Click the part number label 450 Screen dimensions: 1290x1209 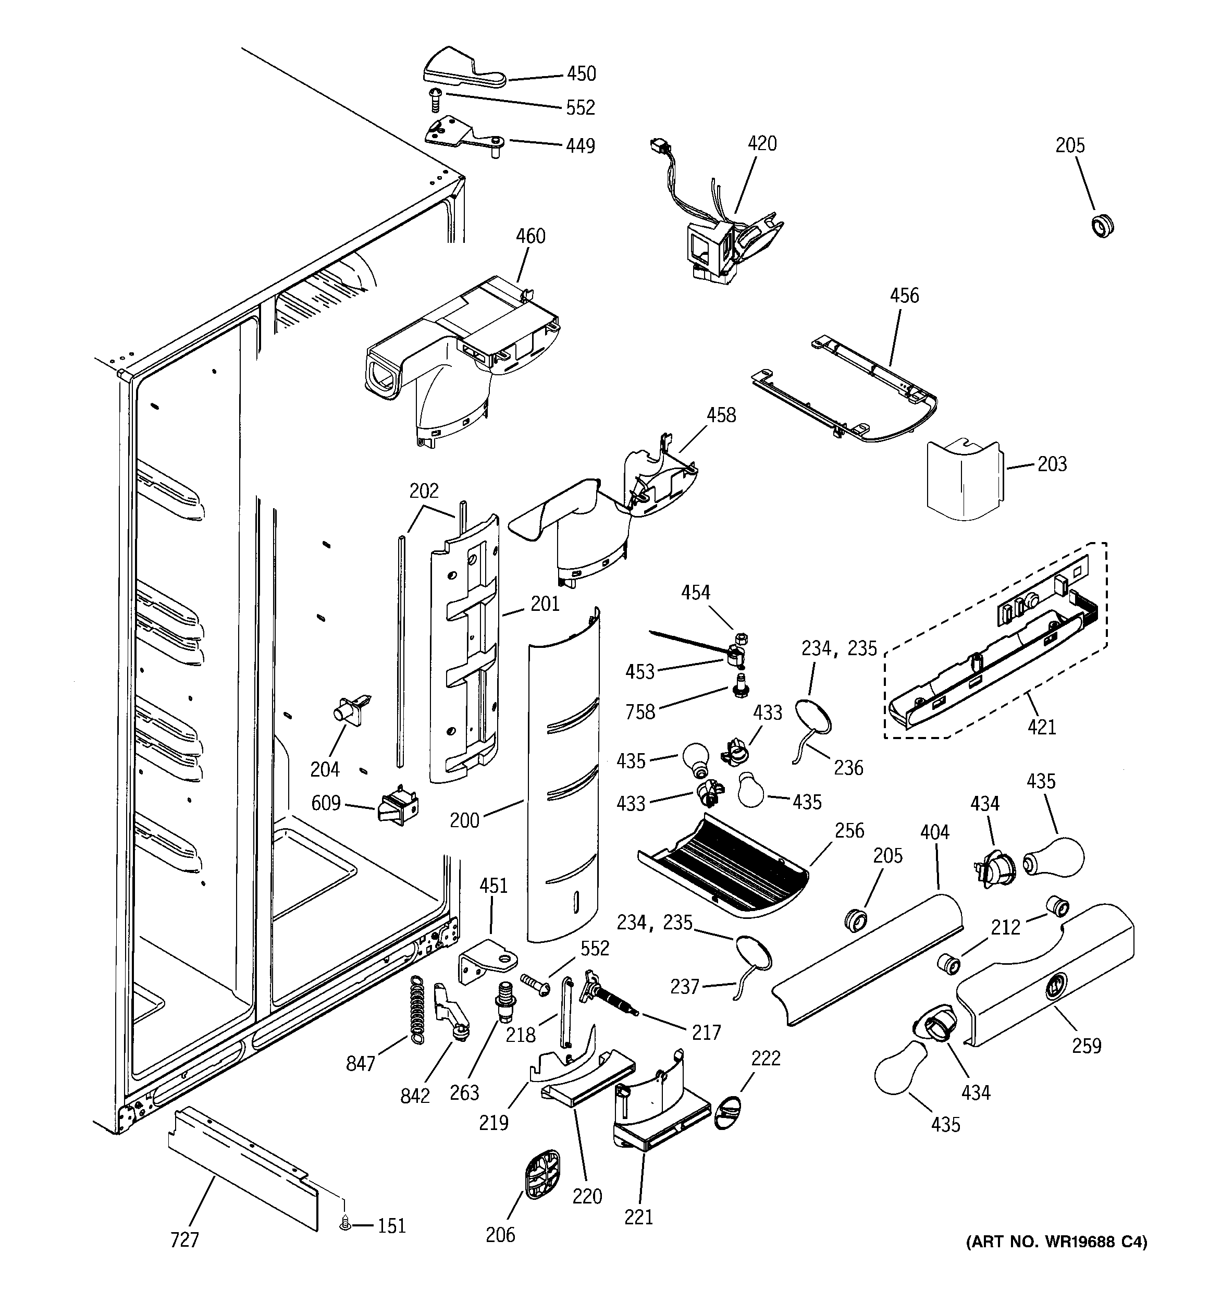[x=581, y=74]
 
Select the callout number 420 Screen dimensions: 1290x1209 [x=762, y=143]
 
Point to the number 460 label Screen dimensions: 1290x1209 [x=530, y=236]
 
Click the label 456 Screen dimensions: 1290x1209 [x=904, y=296]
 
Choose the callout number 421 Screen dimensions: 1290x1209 [x=1042, y=727]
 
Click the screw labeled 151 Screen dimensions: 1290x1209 [x=344, y=1224]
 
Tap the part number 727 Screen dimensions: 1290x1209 [x=184, y=1240]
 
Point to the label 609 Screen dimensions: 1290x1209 [x=326, y=803]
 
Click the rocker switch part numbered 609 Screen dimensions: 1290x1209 [x=398, y=805]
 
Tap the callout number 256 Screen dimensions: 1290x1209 [x=849, y=831]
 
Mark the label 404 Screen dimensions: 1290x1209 [x=934, y=832]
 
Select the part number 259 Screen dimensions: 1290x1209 [x=1087, y=1046]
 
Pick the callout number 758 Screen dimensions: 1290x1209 [x=640, y=712]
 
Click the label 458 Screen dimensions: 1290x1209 [x=721, y=415]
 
